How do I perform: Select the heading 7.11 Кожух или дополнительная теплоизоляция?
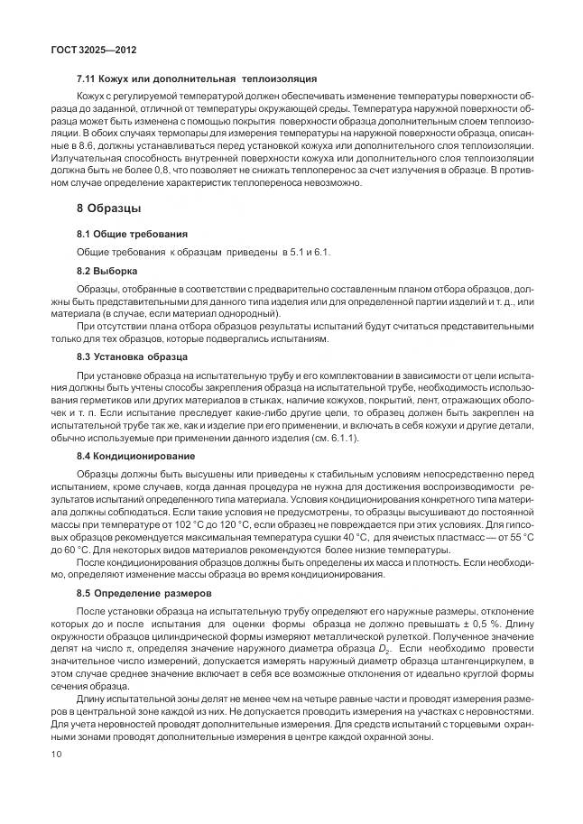tap(197, 79)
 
